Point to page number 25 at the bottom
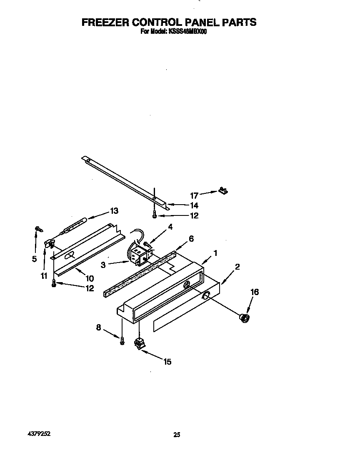pyautogui.click(x=177, y=435)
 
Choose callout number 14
pyautogui.click(x=194, y=205)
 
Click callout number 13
pyautogui.click(x=114, y=211)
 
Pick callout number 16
pyautogui.click(x=254, y=292)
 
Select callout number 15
pyautogui.click(x=167, y=362)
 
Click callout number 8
pyautogui.click(x=99, y=328)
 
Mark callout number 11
pyautogui.click(x=44, y=275)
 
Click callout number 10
pyautogui.click(x=90, y=278)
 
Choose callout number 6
pyautogui.click(x=191, y=239)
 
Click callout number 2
pyautogui.click(x=237, y=267)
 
